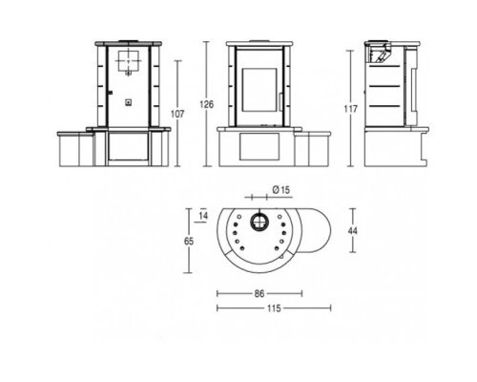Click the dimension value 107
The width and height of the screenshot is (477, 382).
177,114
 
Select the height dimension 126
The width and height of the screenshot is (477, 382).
207,104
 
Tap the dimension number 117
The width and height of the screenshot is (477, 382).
351,109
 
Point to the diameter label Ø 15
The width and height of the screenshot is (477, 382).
281,190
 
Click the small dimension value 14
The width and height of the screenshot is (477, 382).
203,216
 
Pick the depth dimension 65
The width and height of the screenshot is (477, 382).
189,242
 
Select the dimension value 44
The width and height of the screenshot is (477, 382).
353,230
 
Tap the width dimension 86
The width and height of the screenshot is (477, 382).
259,293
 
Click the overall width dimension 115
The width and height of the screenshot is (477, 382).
274,308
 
